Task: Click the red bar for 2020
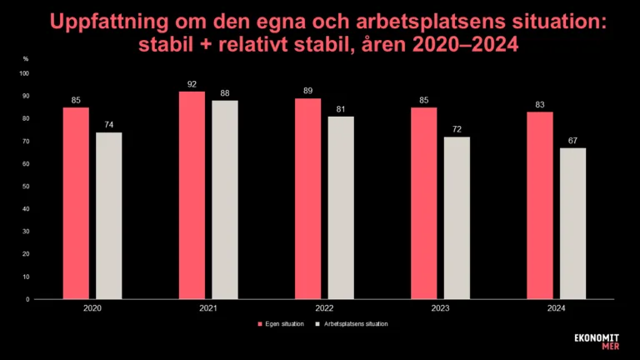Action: (x=76, y=202)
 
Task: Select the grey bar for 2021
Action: (x=225, y=199)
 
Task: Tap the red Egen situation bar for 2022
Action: (x=308, y=198)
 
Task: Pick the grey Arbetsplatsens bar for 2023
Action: (x=457, y=217)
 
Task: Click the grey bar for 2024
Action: (x=572, y=223)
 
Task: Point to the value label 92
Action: (x=192, y=84)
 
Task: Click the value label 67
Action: (x=572, y=141)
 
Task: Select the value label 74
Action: (x=108, y=125)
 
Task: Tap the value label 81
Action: (x=341, y=109)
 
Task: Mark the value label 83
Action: (x=540, y=105)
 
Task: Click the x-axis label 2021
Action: (x=208, y=307)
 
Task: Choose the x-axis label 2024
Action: (x=556, y=307)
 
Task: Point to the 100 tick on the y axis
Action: (x=24, y=73)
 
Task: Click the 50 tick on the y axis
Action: (x=26, y=186)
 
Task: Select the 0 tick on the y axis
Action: (x=27, y=298)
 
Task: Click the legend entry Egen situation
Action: (x=283, y=323)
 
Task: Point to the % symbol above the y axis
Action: (x=26, y=59)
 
